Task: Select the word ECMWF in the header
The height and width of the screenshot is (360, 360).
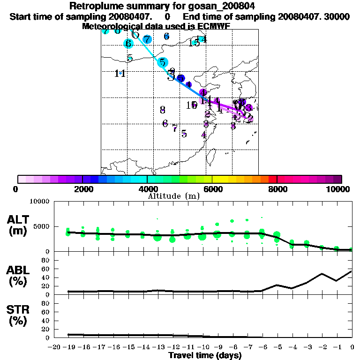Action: coord(214,26)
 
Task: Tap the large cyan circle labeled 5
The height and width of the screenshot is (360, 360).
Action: coord(163,62)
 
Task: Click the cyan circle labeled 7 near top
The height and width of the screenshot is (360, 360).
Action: coord(147,39)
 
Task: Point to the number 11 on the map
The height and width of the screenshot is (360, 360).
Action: coord(120,74)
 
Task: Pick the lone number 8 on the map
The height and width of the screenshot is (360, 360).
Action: coord(163,110)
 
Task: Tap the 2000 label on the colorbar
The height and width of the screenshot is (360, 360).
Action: coord(82,189)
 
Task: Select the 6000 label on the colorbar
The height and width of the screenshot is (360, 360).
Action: coord(212,189)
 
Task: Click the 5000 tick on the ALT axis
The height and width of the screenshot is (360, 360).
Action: coord(42,227)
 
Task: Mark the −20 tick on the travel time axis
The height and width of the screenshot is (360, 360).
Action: coord(56,347)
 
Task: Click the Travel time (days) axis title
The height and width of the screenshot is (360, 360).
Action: coord(205,355)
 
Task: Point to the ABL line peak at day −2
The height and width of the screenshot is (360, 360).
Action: coord(322,274)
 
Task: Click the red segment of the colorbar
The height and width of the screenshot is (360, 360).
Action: coord(272,179)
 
